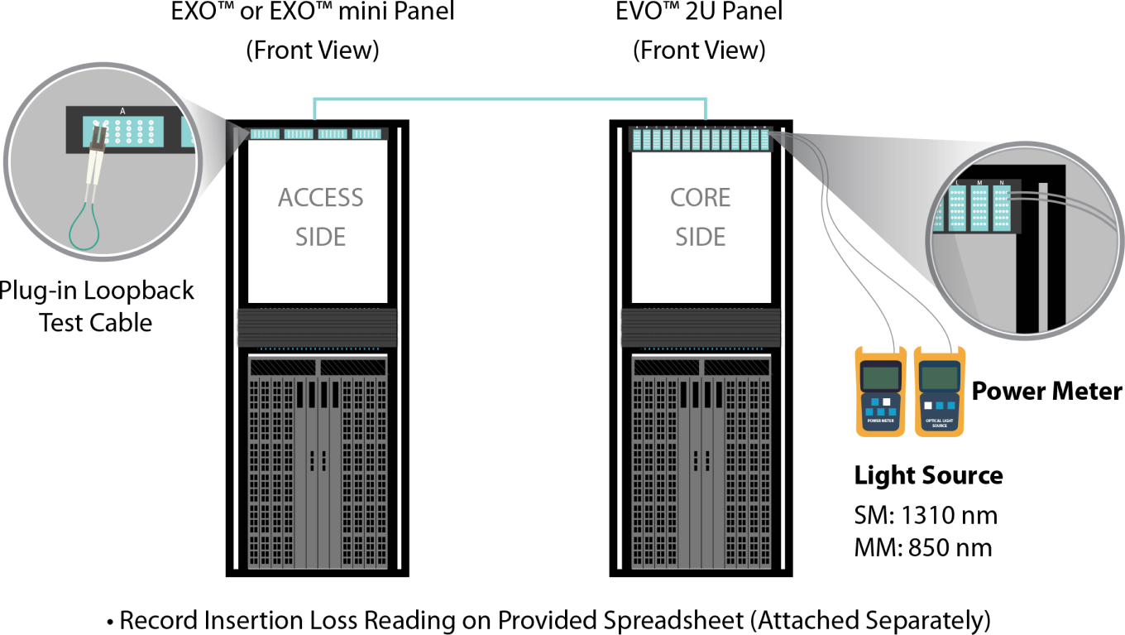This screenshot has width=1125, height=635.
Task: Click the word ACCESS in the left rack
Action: [320, 198]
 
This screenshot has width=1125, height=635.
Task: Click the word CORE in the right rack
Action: [700, 198]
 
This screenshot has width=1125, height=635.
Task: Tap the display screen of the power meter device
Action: [879, 378]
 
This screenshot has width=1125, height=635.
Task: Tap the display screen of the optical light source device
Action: [938, 378]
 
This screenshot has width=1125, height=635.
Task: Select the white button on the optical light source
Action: [928, 406]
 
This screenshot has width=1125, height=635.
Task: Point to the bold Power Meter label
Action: [1046, 391]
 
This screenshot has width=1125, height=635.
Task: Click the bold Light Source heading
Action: [928, 476]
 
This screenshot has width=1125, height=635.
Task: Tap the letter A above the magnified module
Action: [122, 110]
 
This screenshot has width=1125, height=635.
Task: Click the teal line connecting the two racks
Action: [509, 99]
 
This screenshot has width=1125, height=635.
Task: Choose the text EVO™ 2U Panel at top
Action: [699, 12]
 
